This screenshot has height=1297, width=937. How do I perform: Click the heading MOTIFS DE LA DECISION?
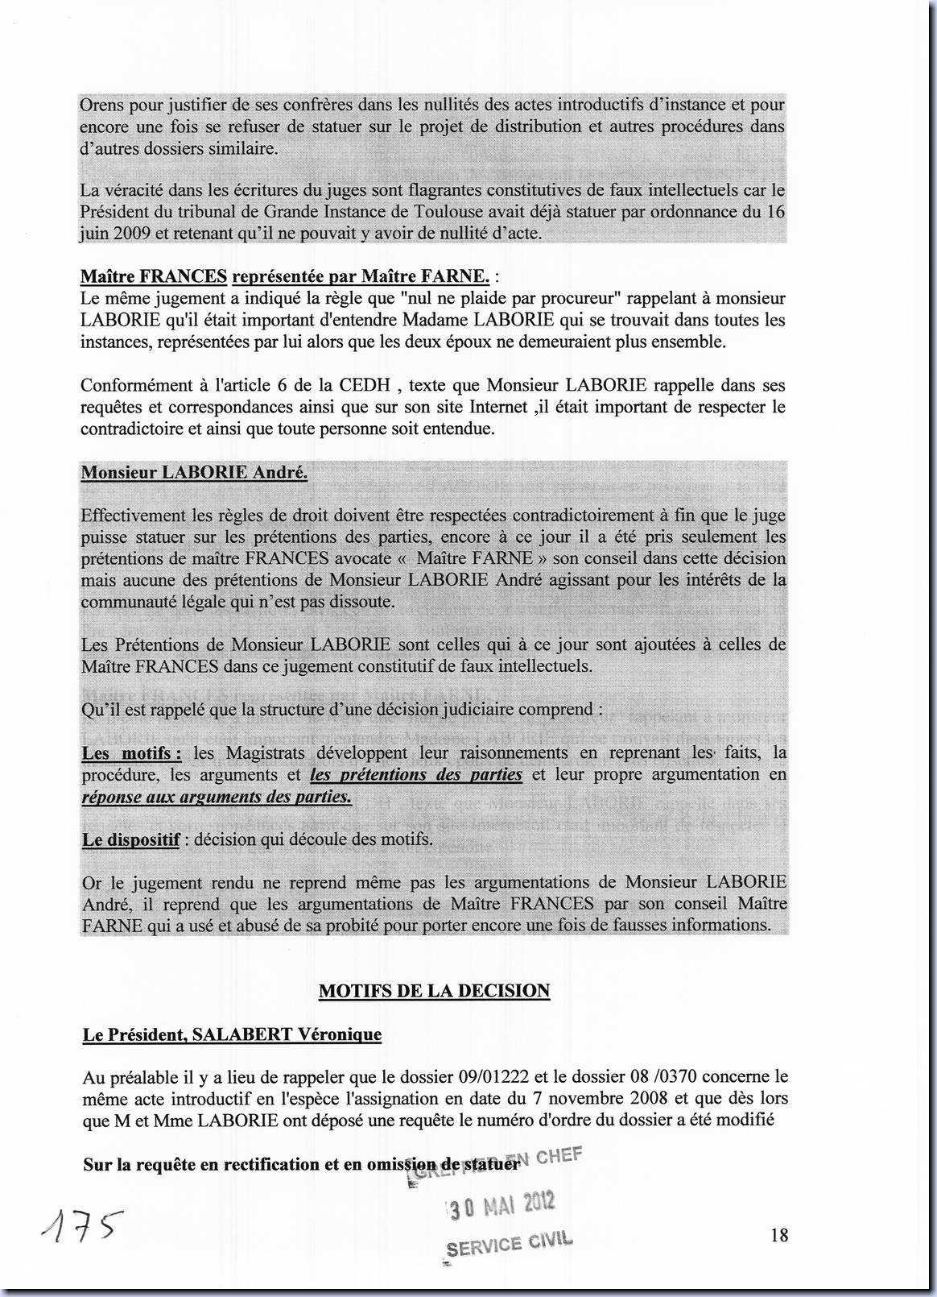point(434,991)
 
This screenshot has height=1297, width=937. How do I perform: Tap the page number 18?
point(778,1234)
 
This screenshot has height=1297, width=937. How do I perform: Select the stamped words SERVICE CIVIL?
point(509,1243)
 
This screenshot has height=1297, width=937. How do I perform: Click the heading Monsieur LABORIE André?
point(194,473)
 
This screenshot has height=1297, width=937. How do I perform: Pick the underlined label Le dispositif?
point(130,839)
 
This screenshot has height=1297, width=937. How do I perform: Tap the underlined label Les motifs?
point(132,753)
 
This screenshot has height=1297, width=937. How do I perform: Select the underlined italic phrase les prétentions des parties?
point(416,775)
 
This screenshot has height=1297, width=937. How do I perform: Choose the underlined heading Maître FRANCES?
point(153,277)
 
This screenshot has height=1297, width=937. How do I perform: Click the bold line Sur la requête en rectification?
point(301,1165)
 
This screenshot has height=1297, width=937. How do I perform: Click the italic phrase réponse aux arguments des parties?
point(217,797)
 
